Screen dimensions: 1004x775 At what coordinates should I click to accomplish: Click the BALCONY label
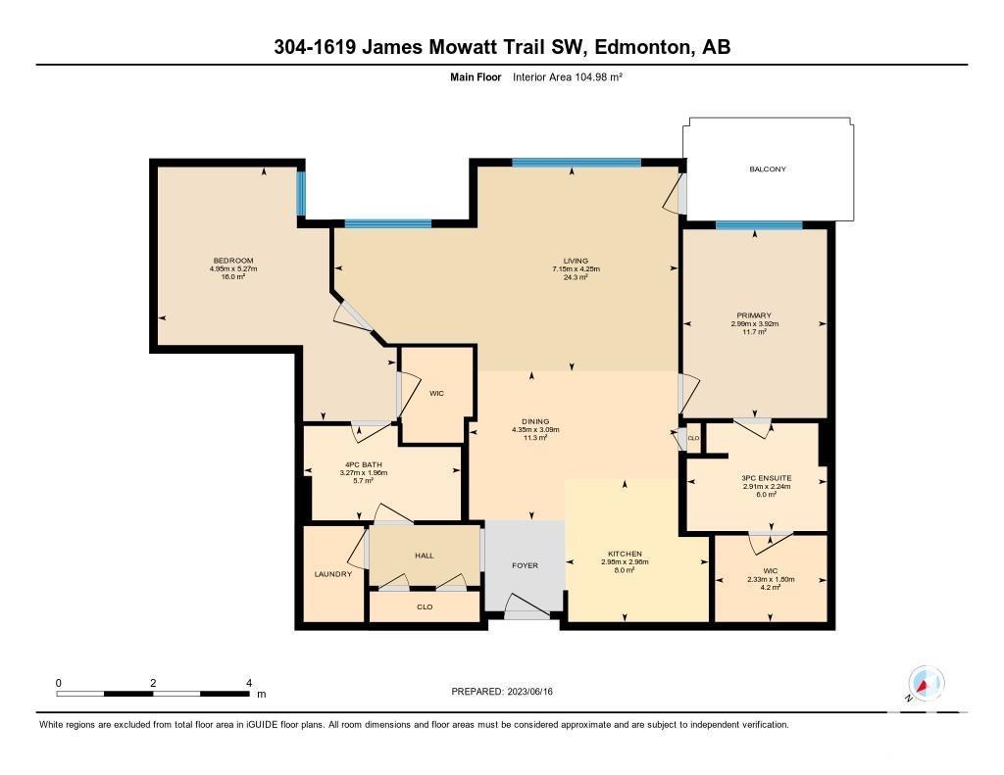pos(767,169)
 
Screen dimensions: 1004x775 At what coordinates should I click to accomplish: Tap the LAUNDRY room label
pos(333,574)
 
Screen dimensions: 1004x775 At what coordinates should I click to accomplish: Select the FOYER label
pos(526,565)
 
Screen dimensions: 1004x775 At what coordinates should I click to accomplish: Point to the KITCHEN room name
pos(625,554)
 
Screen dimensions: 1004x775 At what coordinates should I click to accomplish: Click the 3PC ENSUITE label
pos(767,478)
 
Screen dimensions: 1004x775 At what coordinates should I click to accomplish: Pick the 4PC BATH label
pos(363,464)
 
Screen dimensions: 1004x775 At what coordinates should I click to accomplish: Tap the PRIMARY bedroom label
pos(754,315)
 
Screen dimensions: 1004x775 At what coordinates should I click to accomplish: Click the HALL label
pos(425,556)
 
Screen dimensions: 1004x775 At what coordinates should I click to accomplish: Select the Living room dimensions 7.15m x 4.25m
pos(577,268)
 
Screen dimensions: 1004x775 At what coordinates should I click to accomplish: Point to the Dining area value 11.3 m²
pos(535,438)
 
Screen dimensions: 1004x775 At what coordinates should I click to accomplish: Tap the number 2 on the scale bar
pos(153,683)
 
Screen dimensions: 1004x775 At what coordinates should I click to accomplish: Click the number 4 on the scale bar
pos(249,683)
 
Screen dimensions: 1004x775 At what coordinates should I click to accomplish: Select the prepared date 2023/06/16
pos(530,691)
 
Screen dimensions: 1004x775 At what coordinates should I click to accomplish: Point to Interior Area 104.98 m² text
pos(568,76)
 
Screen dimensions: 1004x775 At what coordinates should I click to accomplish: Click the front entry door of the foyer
pos(527,606)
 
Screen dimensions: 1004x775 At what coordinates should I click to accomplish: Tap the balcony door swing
pos(674,194)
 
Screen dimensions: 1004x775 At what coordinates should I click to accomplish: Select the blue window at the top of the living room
pos(577,163)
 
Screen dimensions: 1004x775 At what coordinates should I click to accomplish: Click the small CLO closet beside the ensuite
pos(693,438)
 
